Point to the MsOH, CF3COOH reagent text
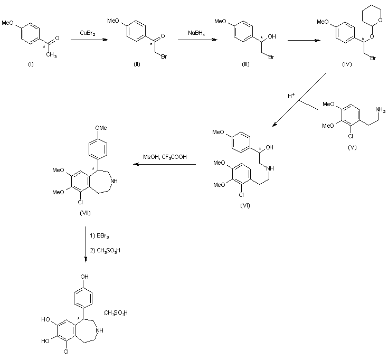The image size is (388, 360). tap(164, 157)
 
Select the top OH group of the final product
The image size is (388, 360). tap(86, 276)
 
